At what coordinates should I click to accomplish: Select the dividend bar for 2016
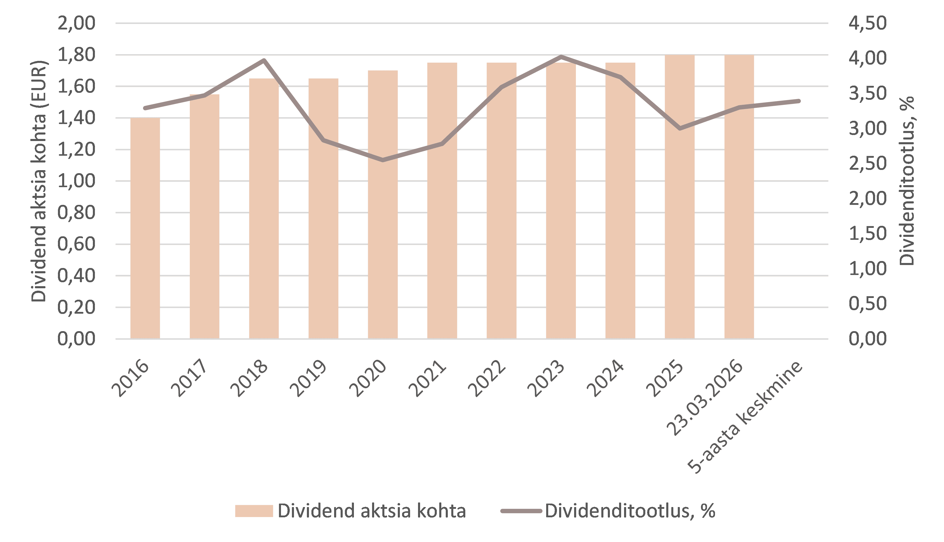coord(145,228)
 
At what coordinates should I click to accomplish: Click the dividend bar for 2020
coord(383,205)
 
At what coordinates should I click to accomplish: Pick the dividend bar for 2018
coord(264,208)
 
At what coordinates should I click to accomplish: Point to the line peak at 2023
coord(561,57)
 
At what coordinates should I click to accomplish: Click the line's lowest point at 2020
coord(383,160)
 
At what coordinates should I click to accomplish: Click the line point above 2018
coord(264,60)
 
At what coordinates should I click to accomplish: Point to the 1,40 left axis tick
coord(76,118)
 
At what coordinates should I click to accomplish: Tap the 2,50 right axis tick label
coord(868,163)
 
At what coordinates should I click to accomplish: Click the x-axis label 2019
coord(308,378)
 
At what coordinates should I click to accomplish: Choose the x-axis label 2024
coord(605,378)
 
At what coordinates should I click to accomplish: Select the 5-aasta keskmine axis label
coord(745,417)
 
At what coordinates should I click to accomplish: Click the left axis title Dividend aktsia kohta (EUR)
coord(38,181)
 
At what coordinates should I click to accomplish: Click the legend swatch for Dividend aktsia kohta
coord(254,511)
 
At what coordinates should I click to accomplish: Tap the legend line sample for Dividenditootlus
coord(521,511)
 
